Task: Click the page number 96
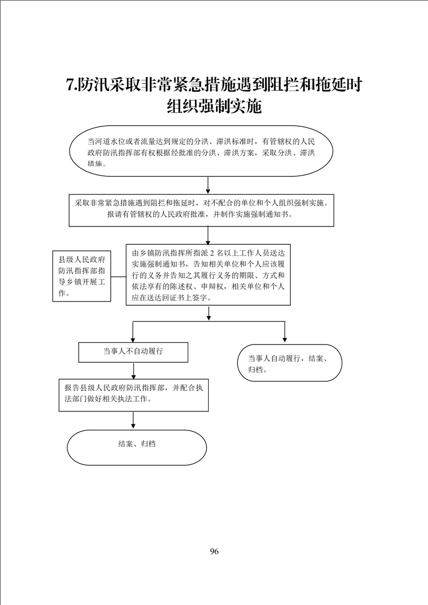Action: [214, 552]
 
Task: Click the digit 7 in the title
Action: [70, 85]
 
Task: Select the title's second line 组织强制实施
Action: [214, 106]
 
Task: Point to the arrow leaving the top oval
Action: [208, 185]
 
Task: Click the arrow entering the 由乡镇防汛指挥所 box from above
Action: [208, 235]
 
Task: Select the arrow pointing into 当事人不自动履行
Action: [133, 332]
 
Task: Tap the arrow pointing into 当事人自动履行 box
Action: [284, 332]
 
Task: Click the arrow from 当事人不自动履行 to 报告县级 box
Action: [133, 370]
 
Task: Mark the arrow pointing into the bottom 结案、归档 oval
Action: [133, 420]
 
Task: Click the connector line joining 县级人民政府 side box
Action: [118, 277]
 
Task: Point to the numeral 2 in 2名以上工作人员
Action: [210, 253]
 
